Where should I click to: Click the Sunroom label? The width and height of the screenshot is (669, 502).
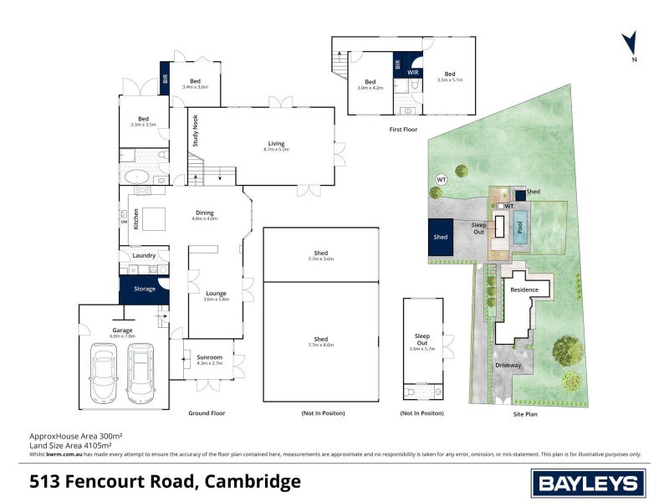[198, 360]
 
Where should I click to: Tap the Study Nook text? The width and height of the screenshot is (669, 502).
[196, 131]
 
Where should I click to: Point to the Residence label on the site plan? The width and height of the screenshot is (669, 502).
[524, 289]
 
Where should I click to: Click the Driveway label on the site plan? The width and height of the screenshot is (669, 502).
[508, 365]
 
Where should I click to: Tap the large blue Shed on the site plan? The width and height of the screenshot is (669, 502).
[440, 237]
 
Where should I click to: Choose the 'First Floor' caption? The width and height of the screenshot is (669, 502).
[403, 130]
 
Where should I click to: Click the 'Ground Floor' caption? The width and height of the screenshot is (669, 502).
[207, 413]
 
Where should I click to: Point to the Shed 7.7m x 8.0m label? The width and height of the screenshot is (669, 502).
[321, 341]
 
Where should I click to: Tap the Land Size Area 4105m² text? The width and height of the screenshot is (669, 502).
[76, 445]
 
